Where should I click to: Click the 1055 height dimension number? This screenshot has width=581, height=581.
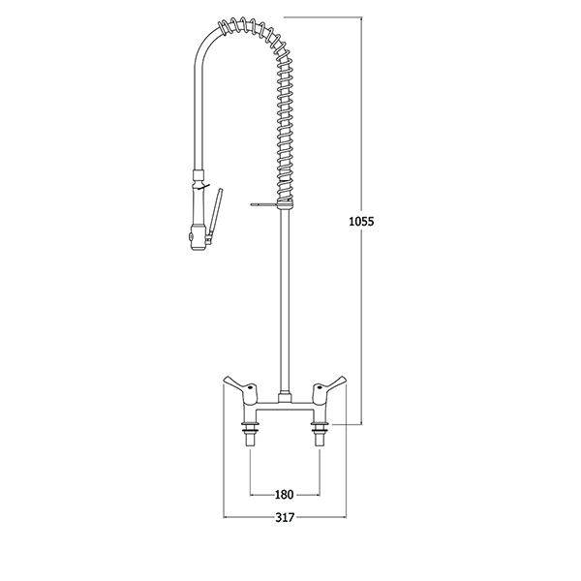coord(361,221)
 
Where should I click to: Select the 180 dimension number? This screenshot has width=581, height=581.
coord(284,494)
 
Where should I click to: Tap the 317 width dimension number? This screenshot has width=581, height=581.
coord(285,517)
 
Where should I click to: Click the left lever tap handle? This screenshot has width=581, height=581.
coord(240,386)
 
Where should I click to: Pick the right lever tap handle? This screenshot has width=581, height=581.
coord(329,386)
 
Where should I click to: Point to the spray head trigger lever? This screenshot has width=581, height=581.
coord(215,215)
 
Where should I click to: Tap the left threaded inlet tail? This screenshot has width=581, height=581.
coord(251,434)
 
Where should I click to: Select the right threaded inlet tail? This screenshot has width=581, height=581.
coord(319,434)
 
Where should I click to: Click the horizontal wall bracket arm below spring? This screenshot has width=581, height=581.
coord(263,203)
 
